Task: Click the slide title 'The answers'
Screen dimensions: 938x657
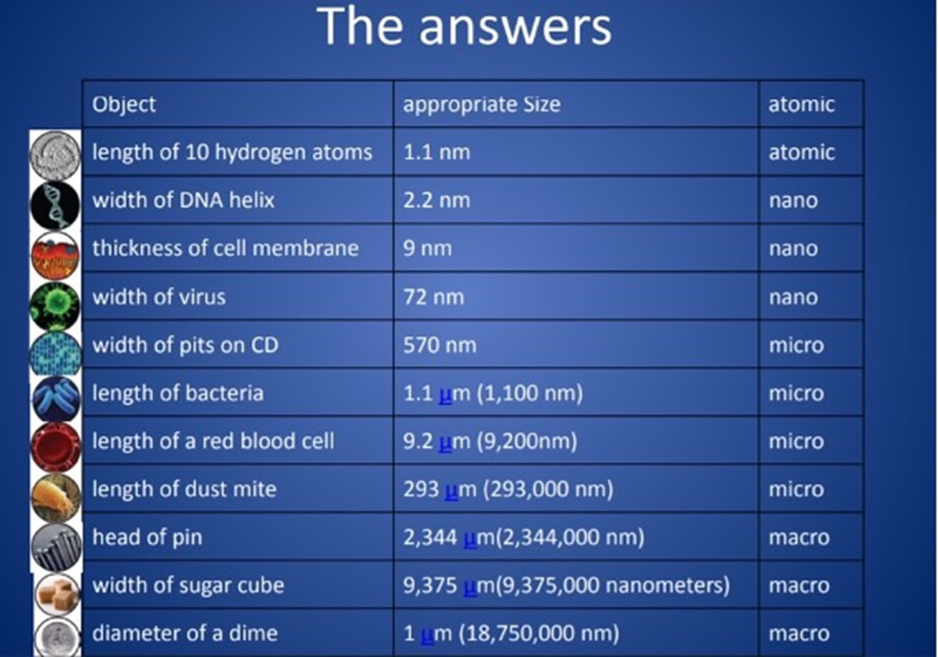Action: [464, 26]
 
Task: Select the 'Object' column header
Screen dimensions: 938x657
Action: [123, 105]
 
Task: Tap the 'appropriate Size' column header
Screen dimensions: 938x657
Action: [481, 105]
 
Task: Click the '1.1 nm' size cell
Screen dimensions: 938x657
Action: [436, 152]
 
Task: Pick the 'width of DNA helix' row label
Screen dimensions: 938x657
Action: [183, 200]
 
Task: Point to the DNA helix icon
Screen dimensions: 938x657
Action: [55, 206]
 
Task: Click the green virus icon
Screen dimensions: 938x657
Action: [55, 306]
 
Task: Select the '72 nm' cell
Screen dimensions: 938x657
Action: [434, 297]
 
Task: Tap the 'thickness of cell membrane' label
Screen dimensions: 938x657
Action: [226, 248]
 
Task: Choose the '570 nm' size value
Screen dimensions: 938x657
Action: [440, 345]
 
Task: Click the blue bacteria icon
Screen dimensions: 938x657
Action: [56, 399]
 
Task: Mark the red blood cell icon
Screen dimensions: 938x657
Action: [56, 447]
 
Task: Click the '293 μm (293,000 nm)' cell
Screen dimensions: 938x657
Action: [508, 489]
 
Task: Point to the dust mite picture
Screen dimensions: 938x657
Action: [56, 497]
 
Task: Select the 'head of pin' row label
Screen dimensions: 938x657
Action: [147, 538]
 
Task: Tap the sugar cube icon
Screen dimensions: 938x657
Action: [58, 594]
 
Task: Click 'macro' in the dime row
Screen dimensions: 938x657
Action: [798, 633]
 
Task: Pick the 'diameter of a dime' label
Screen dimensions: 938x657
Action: [185, 633]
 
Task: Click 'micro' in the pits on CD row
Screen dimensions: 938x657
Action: [796, 345]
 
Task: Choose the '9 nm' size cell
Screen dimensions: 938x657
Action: [427, 249]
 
